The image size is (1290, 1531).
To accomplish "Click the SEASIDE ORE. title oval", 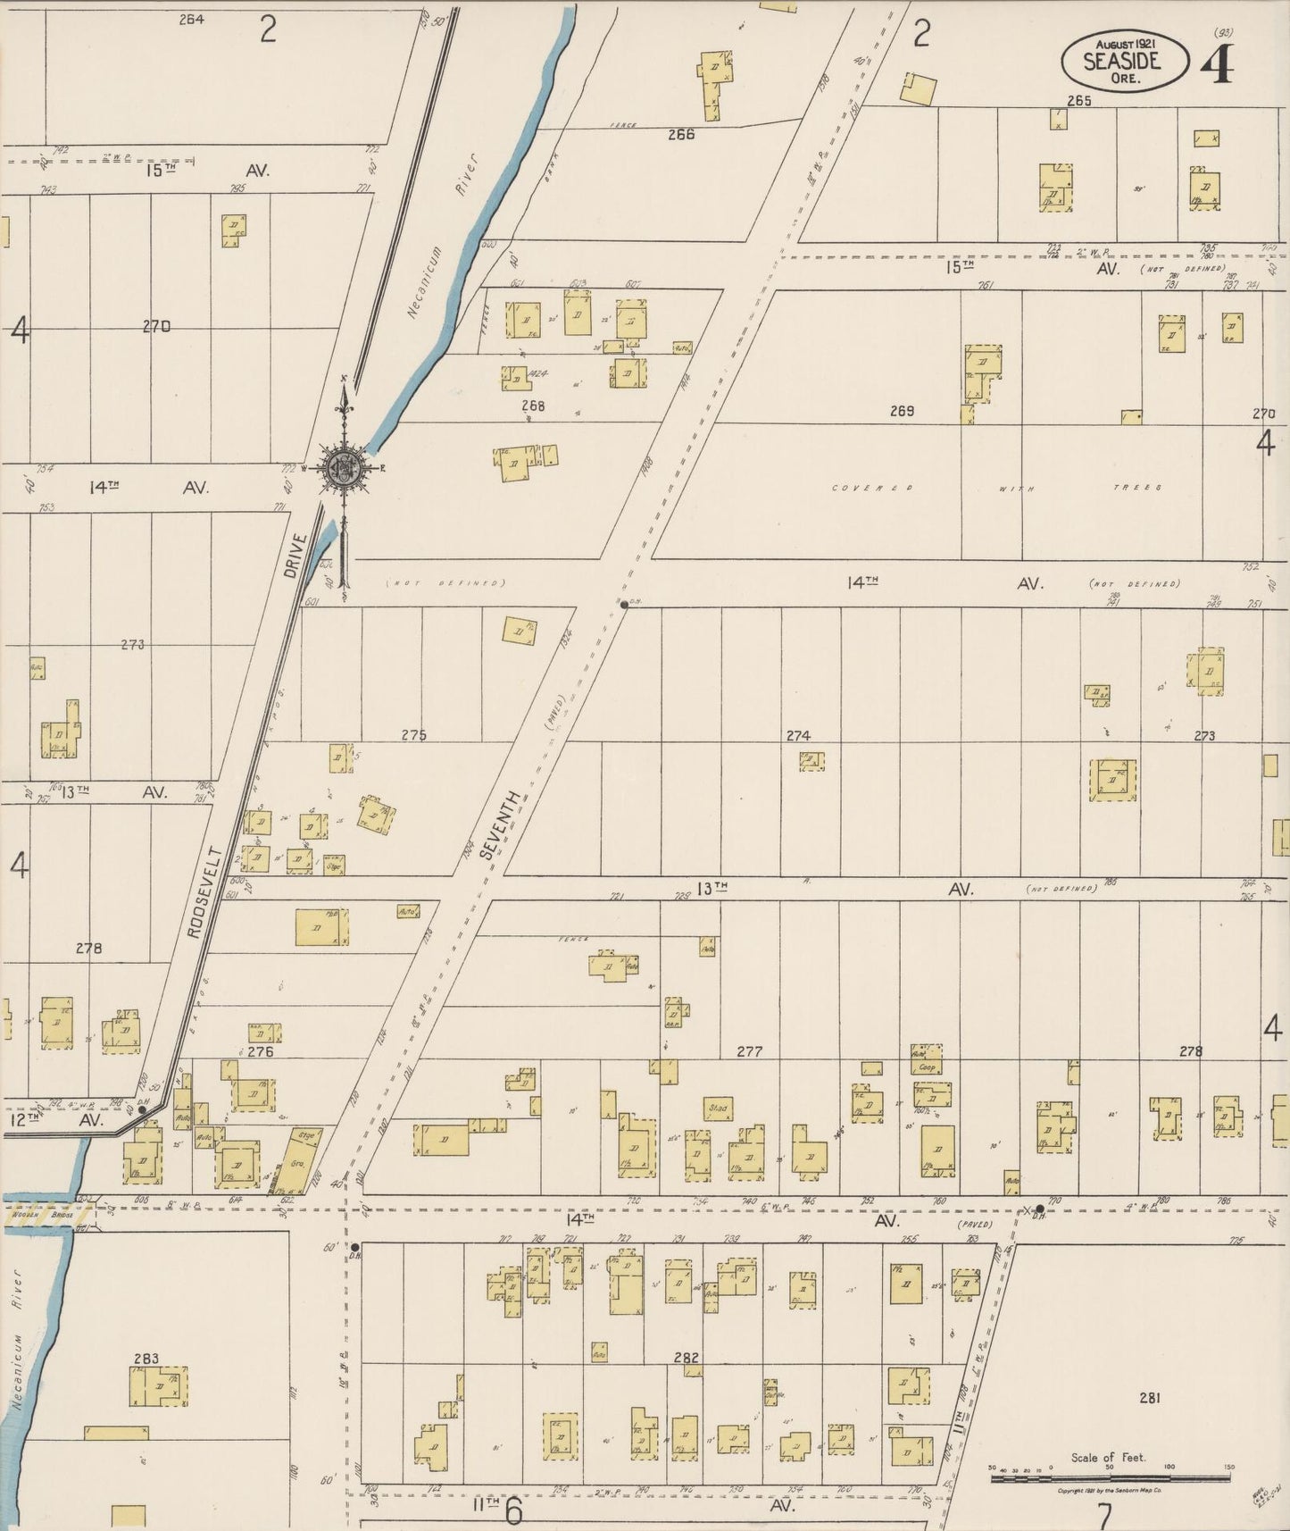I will [x=1124, y=61].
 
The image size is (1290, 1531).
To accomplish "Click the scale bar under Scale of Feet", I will [x=1111, y=1478].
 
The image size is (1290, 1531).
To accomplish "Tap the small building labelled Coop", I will [x=927, y=1067].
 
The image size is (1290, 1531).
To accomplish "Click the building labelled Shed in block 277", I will [x=718, y=1109].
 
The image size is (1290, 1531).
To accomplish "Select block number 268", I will [x=533, y=406].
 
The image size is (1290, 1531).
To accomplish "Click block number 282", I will [x=686, y=1358].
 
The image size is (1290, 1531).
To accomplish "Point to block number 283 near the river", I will [x=146, y=1359].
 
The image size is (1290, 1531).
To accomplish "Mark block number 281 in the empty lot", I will [x=1149, y=1398].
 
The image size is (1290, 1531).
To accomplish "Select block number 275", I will [x=413, y=735].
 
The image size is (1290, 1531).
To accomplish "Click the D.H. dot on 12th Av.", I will [x=142, y=1109].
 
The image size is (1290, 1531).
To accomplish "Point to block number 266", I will [x=681, y=135].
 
